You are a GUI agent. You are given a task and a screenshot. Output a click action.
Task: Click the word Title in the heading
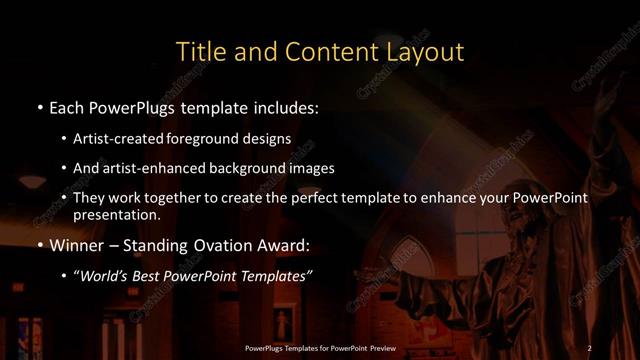click(x=198, y=51)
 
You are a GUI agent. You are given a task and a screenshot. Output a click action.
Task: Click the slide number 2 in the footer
click(x=589, y=348)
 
